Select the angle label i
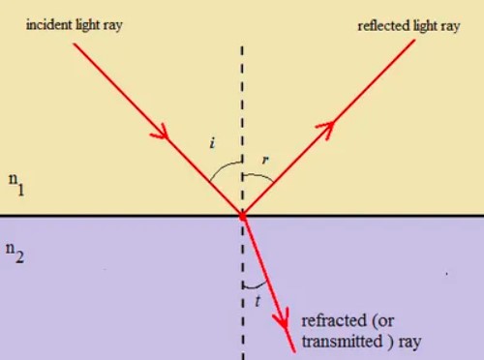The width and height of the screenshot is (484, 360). coord(211,144)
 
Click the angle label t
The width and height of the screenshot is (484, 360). coord(257,300)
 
